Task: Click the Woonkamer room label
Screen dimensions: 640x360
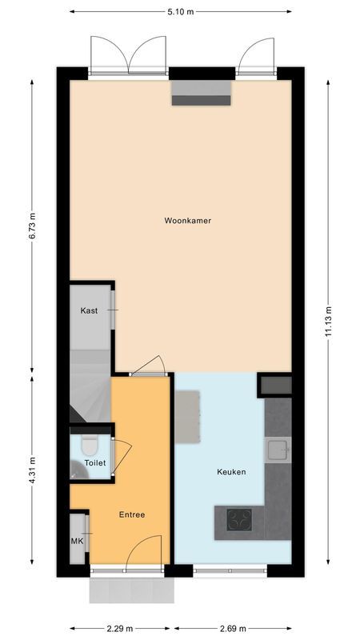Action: [187, 220]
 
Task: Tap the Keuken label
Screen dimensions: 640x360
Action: [231, 472]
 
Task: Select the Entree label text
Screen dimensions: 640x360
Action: [132, 514]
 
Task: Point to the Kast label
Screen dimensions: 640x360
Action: [89, 310]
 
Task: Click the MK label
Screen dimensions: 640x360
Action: [77, 541]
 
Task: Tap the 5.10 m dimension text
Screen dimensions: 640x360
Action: [180, 13]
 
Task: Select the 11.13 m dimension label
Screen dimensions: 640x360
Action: [328, 322]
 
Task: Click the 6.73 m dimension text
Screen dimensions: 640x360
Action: [32, 226]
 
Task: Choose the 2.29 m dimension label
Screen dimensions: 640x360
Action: [120, 628]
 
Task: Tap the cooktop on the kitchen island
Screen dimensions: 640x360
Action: [238, 521]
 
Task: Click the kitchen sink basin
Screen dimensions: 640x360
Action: [278, 450]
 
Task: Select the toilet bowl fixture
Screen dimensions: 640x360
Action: [88, 444]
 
